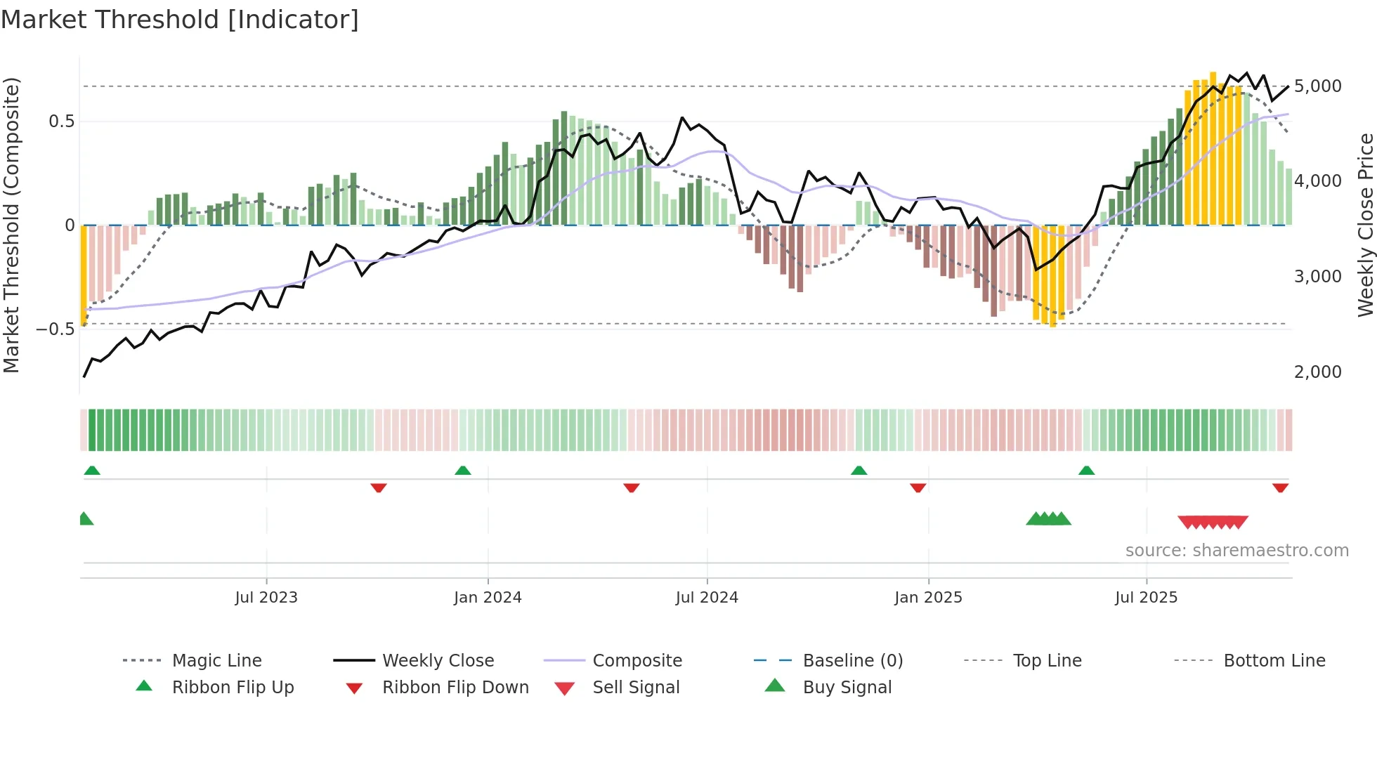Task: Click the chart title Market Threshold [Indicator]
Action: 180,20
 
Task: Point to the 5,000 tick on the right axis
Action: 1317,86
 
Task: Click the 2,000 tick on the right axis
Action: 1317,372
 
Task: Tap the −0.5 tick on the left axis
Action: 55,329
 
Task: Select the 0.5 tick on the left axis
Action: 61,122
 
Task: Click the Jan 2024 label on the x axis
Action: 488,598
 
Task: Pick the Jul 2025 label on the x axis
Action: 1146,598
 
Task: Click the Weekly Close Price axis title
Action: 1365,225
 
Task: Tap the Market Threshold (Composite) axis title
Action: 11,225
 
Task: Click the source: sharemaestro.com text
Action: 1236,551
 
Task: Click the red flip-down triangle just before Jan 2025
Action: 918,487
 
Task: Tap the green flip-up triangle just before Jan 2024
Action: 462,471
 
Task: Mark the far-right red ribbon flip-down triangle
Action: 1280,487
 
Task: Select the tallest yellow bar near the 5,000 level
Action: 1213,147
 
